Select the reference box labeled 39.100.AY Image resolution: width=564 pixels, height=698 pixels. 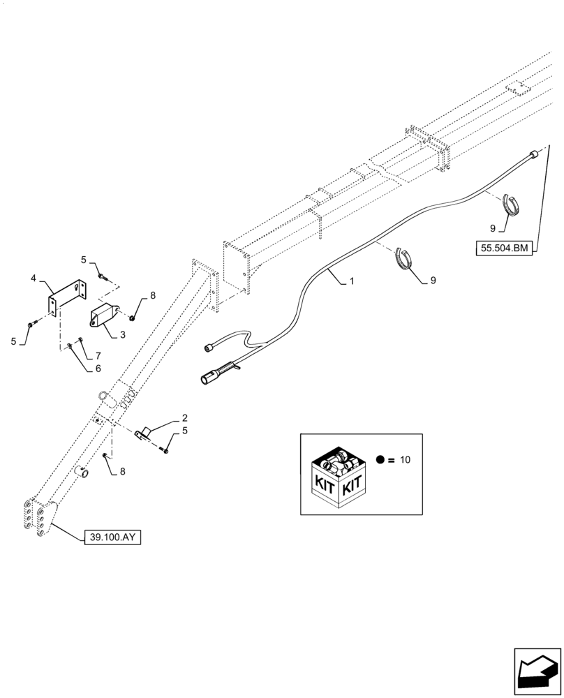pos(112,537)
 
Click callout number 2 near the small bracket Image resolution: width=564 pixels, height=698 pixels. pos(184,418)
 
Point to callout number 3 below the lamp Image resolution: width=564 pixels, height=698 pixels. pos(122,334)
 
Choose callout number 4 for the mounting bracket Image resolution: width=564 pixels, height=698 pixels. pos(33,279)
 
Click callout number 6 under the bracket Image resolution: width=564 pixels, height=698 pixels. pos(98,368)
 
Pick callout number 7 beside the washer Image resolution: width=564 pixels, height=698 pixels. pos(98,355)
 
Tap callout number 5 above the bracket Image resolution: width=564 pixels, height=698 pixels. pos(84,260)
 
